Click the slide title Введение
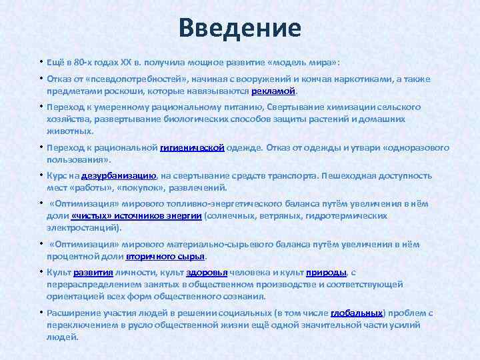click(240, 28)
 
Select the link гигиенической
click(192, 148)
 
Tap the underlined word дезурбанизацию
click(119, 177)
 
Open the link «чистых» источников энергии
click(136, 216)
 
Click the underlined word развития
click(89, 273)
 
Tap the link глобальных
click(357, 313)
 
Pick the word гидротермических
click(355, 216)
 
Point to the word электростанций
click(83, 227)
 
